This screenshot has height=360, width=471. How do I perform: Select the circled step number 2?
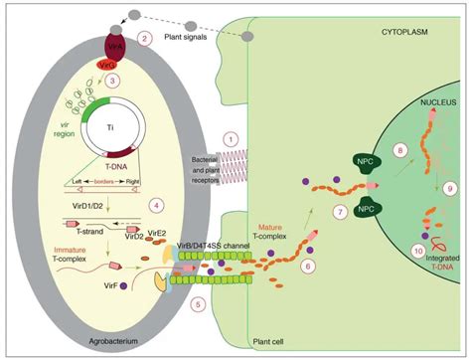144,38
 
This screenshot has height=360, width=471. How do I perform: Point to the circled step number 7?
339,240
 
